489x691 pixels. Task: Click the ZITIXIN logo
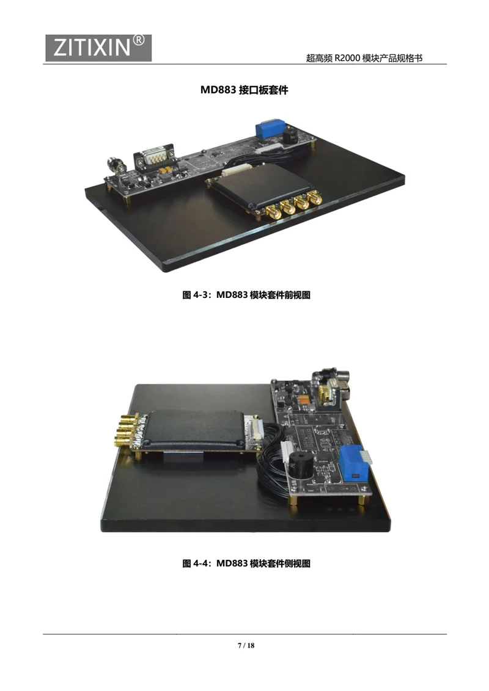(98, 48)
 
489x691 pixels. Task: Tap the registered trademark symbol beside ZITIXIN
(138, 40)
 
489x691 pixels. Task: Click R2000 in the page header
(347, 58)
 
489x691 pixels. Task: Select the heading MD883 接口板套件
(244, 90)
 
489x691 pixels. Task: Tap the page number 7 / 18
(246, 646)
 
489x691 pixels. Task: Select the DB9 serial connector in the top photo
(155, 157)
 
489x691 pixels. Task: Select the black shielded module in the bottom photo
(194, 429)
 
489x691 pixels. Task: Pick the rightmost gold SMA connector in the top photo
(315, 198)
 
